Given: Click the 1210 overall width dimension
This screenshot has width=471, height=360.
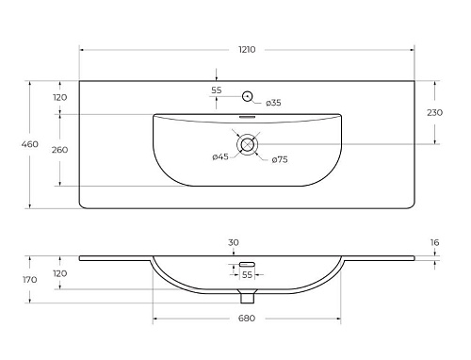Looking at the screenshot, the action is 247,50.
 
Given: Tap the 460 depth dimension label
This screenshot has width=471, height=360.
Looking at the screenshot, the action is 30,144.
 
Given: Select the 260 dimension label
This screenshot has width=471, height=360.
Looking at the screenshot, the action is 60,150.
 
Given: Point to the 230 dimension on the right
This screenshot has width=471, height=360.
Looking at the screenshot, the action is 434,112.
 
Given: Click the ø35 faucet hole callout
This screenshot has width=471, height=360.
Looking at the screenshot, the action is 273,103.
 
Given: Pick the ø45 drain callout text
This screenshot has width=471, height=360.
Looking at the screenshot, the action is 220,156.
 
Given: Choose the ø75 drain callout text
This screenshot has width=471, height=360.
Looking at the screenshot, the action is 280,159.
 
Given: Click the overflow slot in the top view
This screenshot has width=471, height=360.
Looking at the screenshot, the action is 248,117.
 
